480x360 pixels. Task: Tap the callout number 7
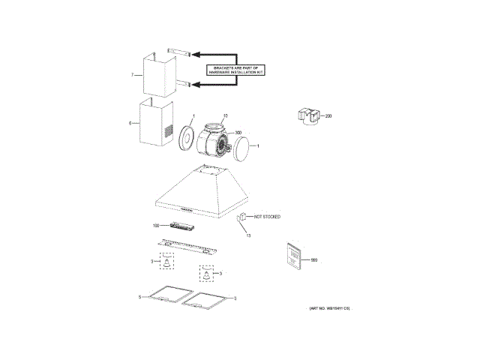pyautogui.click(x=132, y=76)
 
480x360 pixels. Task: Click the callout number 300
pyautogui.click(x=238, y=134)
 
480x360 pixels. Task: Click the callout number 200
pyautogui.click(x=327, y=116)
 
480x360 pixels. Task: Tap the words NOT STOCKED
pyautogui.click(x=266, y=217)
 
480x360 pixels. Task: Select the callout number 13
pyautogui.click(x=248, y=235)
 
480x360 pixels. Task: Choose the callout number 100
pyautogui.click(x=157, y=226)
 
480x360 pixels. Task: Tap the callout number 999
pyautogui.click(x=313, y=259)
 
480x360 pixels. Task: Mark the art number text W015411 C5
pyautogui.click(x=329, y=309)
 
